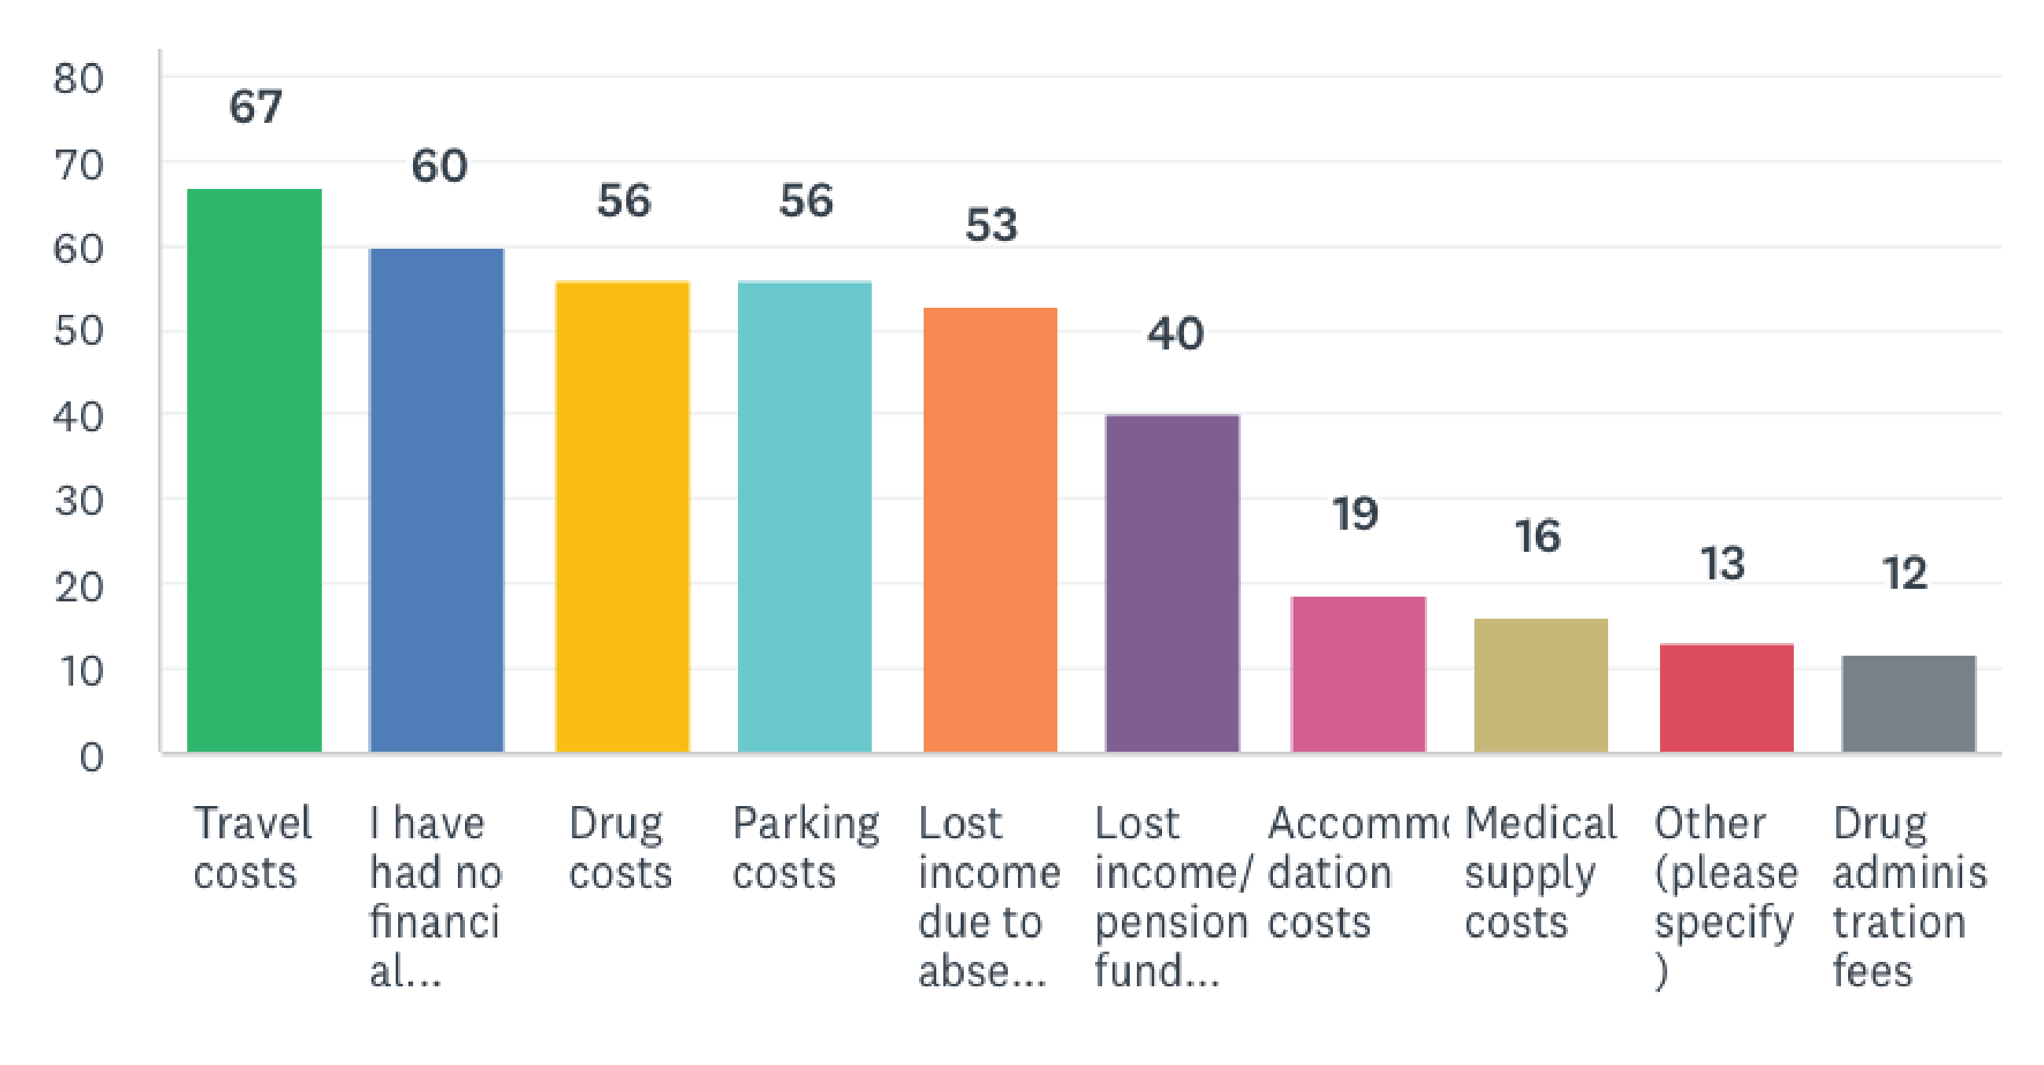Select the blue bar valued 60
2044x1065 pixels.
(x=437, y=500)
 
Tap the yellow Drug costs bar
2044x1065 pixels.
(x=622, y=516)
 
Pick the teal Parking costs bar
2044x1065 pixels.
(x=805, y=516)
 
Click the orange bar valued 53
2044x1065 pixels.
(x=991, y=529)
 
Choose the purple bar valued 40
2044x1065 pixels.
(x=1172, y=583)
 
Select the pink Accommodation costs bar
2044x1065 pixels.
(x=1358, y=674)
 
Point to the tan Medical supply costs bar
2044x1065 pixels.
(x=1541, y=685)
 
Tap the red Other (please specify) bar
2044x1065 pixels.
(x=1727, y=697)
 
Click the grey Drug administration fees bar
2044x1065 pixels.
(x=1909, y=703)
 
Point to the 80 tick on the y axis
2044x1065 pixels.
(x=78, y=80)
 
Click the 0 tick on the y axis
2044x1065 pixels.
(x=91, y=757)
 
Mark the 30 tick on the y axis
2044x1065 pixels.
(x=78, y=501)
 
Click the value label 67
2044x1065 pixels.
(x=255, y=106)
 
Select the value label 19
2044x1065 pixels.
(x=1356, y=513)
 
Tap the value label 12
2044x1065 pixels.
(x=1904, y=573)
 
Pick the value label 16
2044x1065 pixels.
(x=1538, y=536)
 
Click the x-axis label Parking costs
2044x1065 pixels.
(x=806, y=848)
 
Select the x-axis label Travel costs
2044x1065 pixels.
(x=253, y=848)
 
